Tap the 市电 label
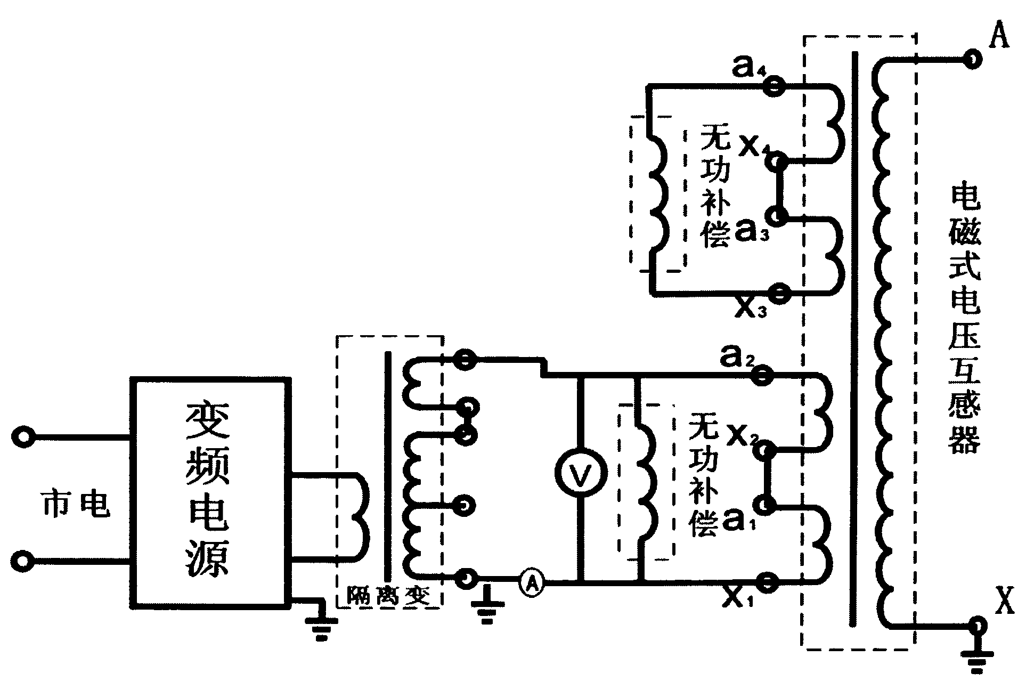click(x=75, y=504)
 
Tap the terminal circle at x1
click(x=767, y=582)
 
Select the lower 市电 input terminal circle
click(x=23, y=561)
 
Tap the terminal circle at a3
click(x=777, y=216)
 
